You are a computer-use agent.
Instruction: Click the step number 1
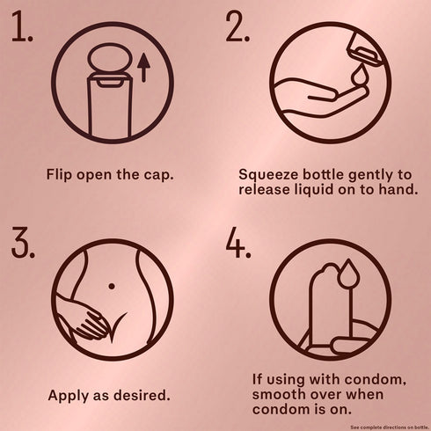tap(22, 26)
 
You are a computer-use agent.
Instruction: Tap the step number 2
tap(237, 26)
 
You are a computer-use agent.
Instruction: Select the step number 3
tap(23, 242)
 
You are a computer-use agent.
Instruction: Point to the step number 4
tap(238, 242)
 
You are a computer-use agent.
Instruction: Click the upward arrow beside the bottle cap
tap(143, 68)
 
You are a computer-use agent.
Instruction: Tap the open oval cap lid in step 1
tap(108, 58)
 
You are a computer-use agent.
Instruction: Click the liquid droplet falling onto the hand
tap(359, 75)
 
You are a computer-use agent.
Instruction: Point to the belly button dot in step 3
tap(112, 286)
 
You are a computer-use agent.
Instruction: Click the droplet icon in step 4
tap(348, 274)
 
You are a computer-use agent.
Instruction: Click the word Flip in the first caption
tap(59, 175)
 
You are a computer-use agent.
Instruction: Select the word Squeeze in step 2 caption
tap(269, 175)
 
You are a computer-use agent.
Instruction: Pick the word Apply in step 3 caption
tap(69, 396)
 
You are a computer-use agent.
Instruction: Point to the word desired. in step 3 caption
tap(142, 395)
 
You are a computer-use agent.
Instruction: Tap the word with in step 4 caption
tap(325, 379)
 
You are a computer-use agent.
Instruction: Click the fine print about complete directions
tap(391, 427)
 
